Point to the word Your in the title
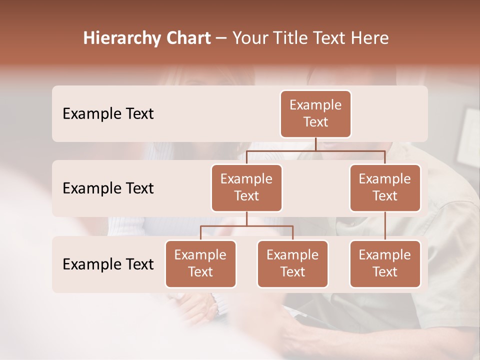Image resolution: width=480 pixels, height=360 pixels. (x=249, y=38)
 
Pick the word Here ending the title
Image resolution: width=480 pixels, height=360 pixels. (x=368, y=38)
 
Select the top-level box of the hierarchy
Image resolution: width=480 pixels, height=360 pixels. (x=315, y=113)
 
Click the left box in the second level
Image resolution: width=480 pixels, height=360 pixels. (x=246, y=187)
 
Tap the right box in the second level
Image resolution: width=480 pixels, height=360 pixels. (x=385, y=187)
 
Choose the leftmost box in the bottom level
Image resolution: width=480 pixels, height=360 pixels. (x=200, y=263)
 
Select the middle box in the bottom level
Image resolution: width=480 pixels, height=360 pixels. (x=292, y=263)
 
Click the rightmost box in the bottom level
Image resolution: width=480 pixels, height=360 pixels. (x=385, y=263)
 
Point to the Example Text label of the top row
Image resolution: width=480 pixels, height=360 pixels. (x=108, y=114)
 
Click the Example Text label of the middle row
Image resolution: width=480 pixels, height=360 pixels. (x=108, y=188)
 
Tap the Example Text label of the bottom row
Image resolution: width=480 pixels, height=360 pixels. (x=108, y=264)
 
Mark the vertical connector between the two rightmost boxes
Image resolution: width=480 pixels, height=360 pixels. (x=385, y=225)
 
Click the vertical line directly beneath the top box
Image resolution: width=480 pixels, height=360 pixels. (x=315, y=144)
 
